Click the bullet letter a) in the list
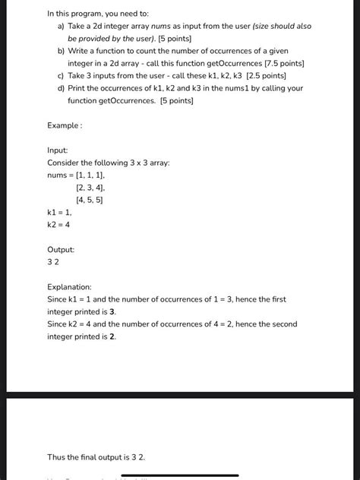click(61, 27)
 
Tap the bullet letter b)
click(61, 51)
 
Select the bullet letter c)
click(61, 76)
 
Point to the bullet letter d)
click(61, 88)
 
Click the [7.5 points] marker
click(281, 64)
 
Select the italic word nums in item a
click(172, 27)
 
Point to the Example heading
click(64, 125)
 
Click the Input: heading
click(58, 150)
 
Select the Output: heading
click(61, 249)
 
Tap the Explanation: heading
click(69, 287)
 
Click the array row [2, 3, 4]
click(90, 188)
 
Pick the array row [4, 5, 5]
click(90, 200)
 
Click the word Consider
click(64, 163)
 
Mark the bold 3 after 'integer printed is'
click(112, 312)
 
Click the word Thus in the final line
click(56, 457)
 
